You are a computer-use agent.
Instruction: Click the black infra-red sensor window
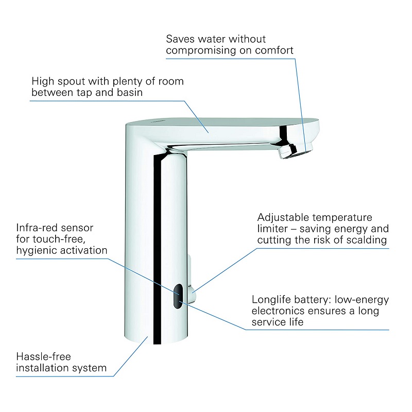click(178, 296)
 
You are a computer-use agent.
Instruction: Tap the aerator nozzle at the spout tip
click(296, 151)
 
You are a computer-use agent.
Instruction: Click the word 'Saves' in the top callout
click(180, 39)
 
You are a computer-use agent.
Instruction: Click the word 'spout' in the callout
click(72, 81)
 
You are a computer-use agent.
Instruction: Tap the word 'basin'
click(130, 92)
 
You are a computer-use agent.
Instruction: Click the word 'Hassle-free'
click(44, 356)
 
